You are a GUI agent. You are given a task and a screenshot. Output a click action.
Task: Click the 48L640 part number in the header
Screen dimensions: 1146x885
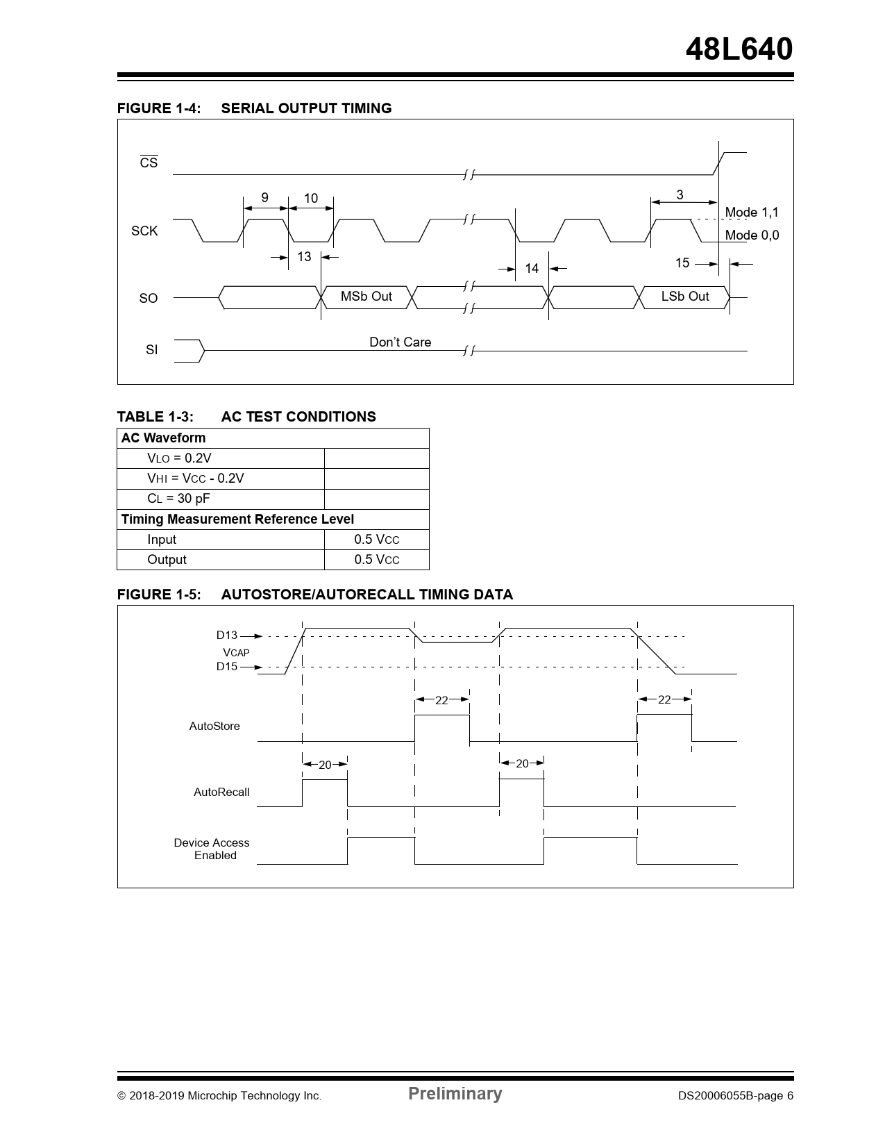739,49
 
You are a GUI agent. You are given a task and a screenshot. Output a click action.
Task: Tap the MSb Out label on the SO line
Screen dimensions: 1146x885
366,297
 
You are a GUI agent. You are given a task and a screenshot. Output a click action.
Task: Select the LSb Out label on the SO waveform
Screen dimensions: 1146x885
684,297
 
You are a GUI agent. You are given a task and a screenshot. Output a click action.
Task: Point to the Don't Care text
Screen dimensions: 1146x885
400,342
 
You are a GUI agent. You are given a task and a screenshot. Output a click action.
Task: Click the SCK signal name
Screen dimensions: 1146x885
144,231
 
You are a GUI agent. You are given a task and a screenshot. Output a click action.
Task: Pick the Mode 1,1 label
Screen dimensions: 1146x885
752,213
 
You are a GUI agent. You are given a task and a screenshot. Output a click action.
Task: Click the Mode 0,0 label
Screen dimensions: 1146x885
752,235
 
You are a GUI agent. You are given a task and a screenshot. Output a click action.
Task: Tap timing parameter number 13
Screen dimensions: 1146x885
304,257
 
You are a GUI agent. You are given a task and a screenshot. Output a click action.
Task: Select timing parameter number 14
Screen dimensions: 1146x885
532,268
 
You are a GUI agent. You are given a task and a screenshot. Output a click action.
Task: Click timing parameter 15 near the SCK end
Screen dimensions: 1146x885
682,263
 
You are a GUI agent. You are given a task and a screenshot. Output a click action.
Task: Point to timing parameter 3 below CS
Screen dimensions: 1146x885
680,195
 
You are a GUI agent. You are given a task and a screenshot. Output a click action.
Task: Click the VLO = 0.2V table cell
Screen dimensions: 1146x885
179,458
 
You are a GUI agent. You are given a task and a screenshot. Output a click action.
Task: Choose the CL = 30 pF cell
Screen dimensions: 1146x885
178,499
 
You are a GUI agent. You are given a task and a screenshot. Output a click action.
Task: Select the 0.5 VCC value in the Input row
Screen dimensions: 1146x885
376,540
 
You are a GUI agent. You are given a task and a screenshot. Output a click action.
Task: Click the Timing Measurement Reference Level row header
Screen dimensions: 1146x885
237,520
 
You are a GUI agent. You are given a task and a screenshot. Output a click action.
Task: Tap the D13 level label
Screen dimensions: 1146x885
226,635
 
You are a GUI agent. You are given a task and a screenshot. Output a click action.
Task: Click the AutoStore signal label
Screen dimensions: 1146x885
214,726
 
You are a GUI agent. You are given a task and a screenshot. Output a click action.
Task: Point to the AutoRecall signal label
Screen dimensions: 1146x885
221,792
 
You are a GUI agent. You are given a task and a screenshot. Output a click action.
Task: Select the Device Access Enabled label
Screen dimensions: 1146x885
212,849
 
